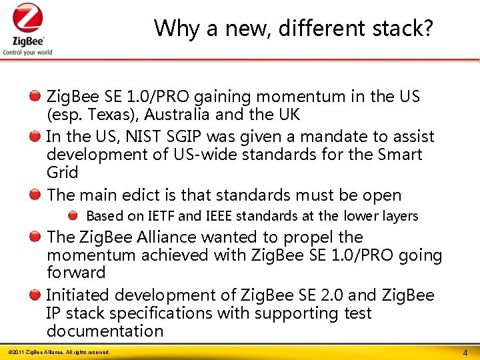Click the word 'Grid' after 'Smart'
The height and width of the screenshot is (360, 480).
pos(62,173)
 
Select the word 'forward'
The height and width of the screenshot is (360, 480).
pos(76,273)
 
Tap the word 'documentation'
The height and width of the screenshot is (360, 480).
pos(105,331)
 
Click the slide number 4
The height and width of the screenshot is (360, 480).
pos(465,351)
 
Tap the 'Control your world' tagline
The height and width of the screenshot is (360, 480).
pos(27,52)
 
